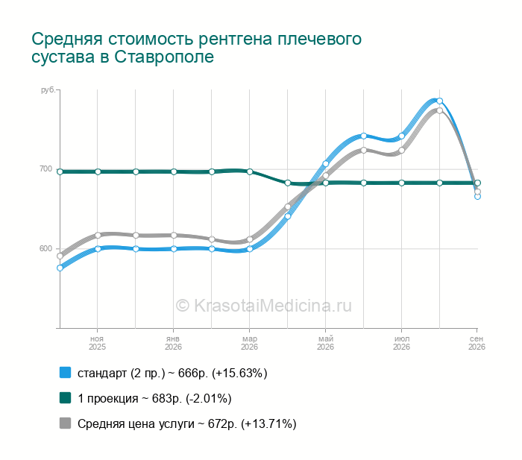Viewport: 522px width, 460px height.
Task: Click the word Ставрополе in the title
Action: [x=164, y=57]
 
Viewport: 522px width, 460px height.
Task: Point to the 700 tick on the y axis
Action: [x=46, y=168]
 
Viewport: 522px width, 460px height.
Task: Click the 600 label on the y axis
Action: [x=46, y=249]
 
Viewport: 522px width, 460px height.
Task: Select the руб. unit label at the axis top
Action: [x=48, y=90]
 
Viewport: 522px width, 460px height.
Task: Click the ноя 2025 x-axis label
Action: [x=97, y=343]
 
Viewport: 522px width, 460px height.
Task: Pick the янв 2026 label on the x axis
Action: [x=173, y=343]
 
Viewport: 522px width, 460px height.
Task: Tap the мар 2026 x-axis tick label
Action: [x=249, y=343]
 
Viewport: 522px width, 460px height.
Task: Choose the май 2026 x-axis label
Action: [x=325, y=343]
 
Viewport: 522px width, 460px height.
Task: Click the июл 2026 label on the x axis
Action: [x=401, y=343]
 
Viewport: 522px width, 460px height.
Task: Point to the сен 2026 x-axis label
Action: [x=477, y=343]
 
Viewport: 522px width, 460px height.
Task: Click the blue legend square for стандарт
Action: [x=66, y=373]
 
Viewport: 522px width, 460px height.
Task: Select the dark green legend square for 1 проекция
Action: [x=66, y=398]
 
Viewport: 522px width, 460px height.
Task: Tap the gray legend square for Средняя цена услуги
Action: [x=66, y=423]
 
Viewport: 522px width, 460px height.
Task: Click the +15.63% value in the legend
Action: [x=239, y=374]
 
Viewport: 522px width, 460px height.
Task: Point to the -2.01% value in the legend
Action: [x=209, y=399]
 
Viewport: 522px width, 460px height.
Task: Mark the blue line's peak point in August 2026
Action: [x=439, y=101]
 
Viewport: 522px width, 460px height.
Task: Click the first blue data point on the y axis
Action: [x=60, y=268]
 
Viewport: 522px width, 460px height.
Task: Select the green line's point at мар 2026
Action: [x=250, y=171]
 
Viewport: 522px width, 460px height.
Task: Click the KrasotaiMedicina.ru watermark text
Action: [x=264, y=306]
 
